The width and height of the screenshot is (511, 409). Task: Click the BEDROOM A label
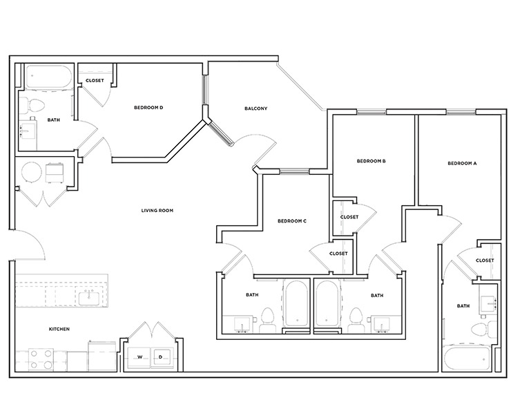[462, 164]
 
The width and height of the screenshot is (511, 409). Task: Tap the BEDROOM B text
[371, 162]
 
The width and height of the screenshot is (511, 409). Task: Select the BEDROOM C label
[291, 221]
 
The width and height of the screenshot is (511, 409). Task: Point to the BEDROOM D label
[148, 108]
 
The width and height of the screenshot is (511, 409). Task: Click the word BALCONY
[256, 109]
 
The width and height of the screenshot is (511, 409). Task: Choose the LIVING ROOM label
[157, 211]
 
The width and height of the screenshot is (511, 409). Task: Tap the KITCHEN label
[59, 329]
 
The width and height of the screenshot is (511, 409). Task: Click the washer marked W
[139, 356]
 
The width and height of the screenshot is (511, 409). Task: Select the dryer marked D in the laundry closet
[160, 356]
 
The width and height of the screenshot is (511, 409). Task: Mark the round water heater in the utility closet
[32, 172]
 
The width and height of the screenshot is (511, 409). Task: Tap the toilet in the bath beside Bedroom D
[35, 105]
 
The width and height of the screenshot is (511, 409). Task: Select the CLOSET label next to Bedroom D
[95, 81]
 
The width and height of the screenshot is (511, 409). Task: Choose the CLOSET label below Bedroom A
[485, 260]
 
